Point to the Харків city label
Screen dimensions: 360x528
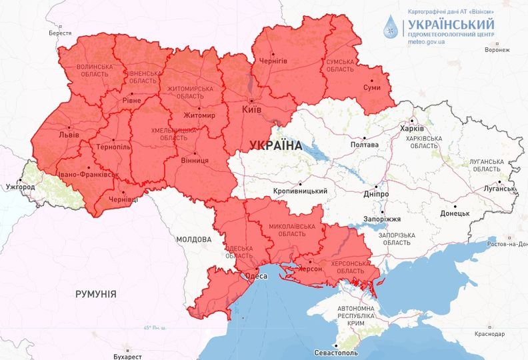click(x=411, y=129)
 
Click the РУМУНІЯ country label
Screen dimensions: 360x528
click(x=96, y=293)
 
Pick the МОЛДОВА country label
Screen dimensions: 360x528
click(x=194, y=239)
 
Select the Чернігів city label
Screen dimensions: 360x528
click(x=273, y=61)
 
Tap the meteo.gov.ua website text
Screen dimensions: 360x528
click(x=427, y=41)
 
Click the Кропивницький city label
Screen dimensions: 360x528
click(x=301, y=191)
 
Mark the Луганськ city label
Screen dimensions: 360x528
click(x=499, y=189)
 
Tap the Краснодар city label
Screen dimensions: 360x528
click(x=489, y=333)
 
